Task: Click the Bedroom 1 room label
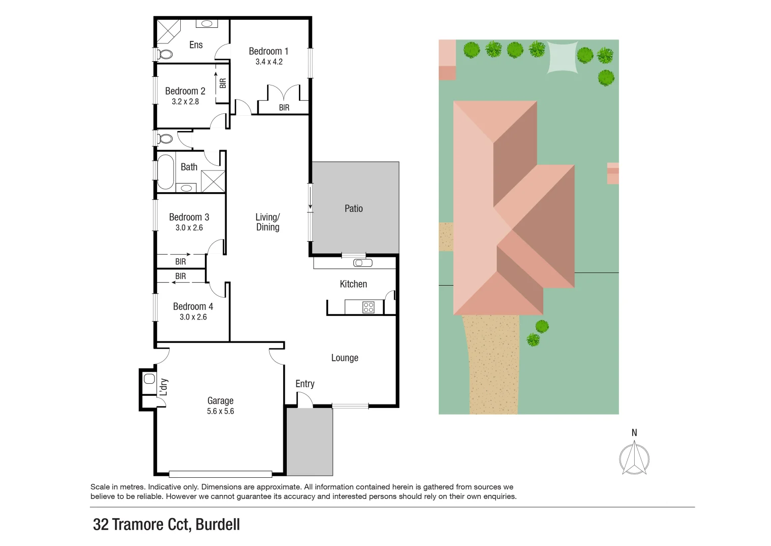(268, 51)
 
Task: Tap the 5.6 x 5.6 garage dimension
(220, 412)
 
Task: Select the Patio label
(353, 208)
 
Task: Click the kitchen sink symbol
(363, 263)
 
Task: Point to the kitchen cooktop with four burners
(368, 307)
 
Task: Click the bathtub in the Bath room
(165, 171)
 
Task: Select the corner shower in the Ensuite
(168, 31)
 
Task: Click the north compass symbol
(634, 458)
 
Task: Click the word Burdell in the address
(218, 524)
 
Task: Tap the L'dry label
(164, 387)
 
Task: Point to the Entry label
(304, 384)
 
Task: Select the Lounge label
(344, 358)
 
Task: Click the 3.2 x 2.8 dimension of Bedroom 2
(185, 102)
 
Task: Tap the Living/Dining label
(267, 222)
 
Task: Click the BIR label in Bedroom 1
(284, 108)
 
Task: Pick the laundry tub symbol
(149, 379)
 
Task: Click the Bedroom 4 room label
(193, 306)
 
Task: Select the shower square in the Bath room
(213, 181)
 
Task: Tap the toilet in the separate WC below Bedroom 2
(165, 139)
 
